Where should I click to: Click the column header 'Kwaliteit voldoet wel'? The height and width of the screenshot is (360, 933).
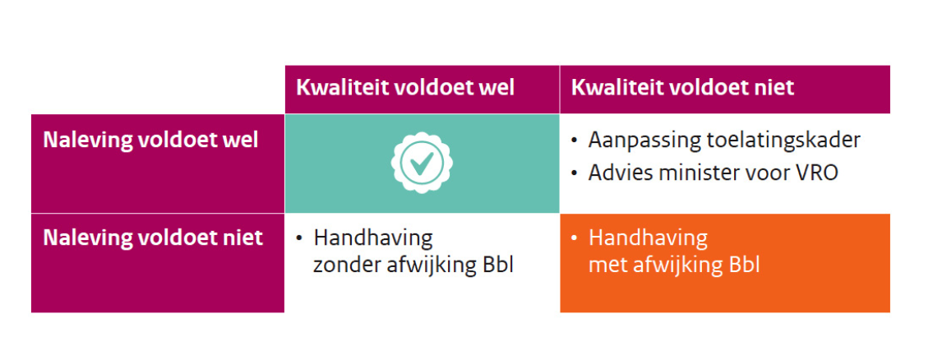(x=405, y=88)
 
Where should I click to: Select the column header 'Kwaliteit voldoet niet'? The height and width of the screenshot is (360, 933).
(x=682, y=88)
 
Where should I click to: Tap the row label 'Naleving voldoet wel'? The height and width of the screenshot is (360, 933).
(x=150, y=140)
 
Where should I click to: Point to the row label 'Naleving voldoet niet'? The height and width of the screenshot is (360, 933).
(x=153, y=238)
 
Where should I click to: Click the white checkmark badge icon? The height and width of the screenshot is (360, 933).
(x=422, y=163)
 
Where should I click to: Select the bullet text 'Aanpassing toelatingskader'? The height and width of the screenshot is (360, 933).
(x=724, y=141)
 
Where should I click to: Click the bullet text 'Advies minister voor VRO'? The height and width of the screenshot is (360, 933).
(x=713, y=173)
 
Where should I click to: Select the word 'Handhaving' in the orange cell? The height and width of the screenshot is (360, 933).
(x=648, y=239)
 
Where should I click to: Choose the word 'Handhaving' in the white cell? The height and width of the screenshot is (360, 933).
(x=373, y=239)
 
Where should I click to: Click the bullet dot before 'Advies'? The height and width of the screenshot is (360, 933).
(x=574, y=173)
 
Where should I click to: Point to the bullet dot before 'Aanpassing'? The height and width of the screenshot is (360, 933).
(x=574, y=141)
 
